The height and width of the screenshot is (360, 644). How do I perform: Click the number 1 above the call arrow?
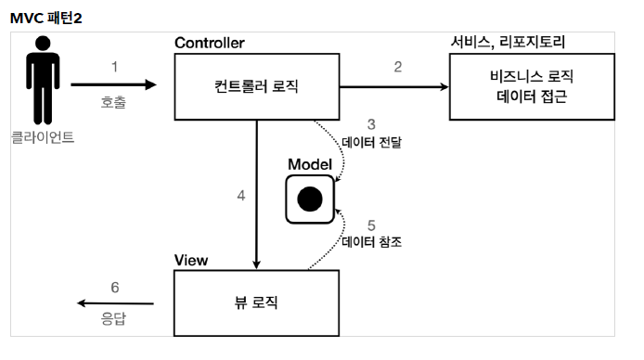click(x=114, y=67)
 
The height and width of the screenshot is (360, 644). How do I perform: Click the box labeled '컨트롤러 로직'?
click(x=257, y=87)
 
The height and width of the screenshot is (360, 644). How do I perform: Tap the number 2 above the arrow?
click(x=397, y=67)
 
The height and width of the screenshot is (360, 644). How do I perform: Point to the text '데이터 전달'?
click(x=372, y=143)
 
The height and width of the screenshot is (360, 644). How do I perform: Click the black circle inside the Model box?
click(x=309, y=198)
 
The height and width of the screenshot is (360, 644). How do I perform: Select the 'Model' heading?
click(x=310, y=162)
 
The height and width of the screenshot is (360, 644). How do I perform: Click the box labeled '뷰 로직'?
click(x=257, y=303)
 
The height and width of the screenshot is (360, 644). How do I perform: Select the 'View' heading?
click(x=192, y=259)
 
